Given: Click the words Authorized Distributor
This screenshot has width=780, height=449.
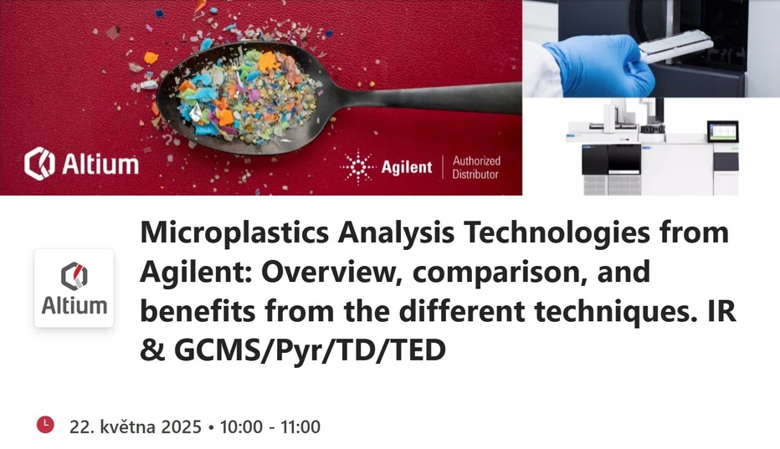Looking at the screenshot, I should point(475,167).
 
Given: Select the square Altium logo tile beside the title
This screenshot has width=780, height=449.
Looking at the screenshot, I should point(74,288).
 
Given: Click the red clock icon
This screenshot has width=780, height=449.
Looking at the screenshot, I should point(46,425).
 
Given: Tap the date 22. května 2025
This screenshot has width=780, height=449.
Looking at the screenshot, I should point(135,426).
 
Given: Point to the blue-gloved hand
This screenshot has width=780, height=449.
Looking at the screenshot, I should point(607,64).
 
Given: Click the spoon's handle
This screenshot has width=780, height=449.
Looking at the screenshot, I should point(418,89).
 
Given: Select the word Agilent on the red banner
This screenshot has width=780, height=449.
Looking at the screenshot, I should point(407,167).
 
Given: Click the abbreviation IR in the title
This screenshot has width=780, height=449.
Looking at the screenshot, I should point(711,312).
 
